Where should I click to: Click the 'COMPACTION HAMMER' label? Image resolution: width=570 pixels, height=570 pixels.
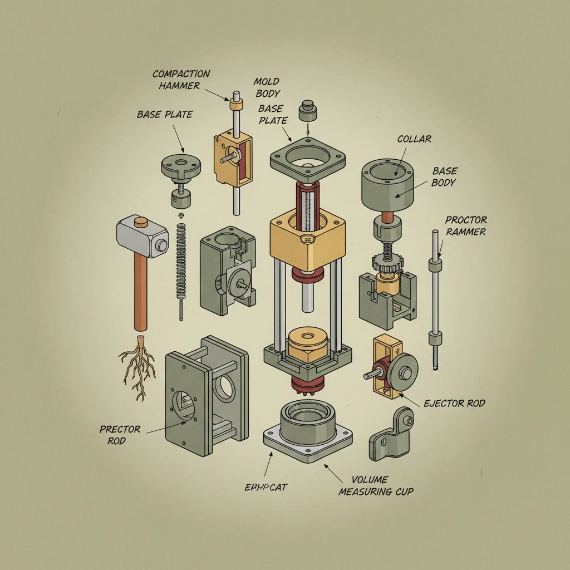(x=181, y=80)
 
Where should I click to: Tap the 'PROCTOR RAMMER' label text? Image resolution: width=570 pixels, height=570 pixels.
(x=465, y=225)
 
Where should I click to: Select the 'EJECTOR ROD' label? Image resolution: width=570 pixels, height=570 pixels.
(x=454, y=403)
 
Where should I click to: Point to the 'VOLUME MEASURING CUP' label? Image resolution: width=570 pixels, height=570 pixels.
(x=376, y=485)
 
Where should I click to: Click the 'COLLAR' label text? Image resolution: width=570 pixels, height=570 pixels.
(x=414, y=139)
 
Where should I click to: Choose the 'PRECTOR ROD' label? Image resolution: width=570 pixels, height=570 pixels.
(x=120, y=435)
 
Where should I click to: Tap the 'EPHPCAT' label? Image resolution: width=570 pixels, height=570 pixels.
(x=266, y=487)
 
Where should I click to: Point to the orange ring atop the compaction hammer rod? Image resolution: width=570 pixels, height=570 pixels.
(x=237, y=104)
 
